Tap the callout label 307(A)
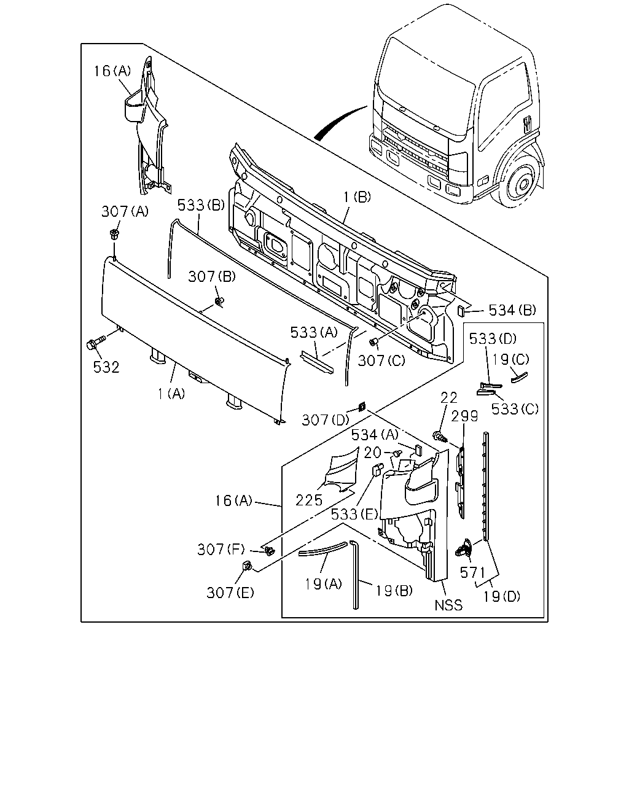[125, 211]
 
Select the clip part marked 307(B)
[219, 301]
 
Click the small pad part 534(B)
[461, 310]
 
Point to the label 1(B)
[357, 197]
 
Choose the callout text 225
[309, 500]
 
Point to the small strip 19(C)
[519, 377]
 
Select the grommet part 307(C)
[373, 342]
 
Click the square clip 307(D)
[362, 407]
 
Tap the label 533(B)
[201, 205]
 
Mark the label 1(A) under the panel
[171, 394]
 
